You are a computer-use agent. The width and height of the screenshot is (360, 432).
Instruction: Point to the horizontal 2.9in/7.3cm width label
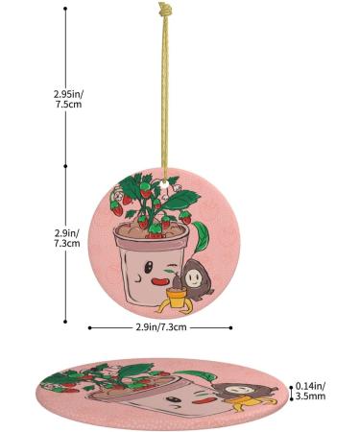point(160,328)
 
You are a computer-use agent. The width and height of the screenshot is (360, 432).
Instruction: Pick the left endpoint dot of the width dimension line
point(89,328)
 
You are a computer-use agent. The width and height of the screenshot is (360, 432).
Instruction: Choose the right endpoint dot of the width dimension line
point(231,328)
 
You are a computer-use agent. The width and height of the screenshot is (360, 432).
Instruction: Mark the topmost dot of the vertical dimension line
point(66,10)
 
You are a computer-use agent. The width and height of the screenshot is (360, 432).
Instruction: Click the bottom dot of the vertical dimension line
point(66,322)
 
